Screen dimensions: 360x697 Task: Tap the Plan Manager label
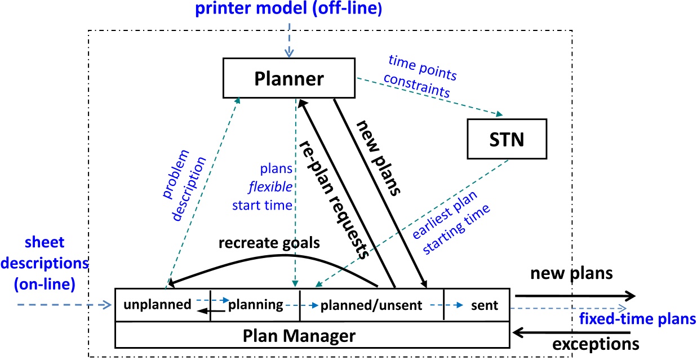tap(299, 336)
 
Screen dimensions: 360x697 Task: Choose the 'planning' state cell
tap(255, 305)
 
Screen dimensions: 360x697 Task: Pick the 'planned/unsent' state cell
tap(371, 305)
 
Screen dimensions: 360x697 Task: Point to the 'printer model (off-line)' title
tap(290, 10)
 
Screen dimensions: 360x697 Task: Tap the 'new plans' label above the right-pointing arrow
tap(570, 274)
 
